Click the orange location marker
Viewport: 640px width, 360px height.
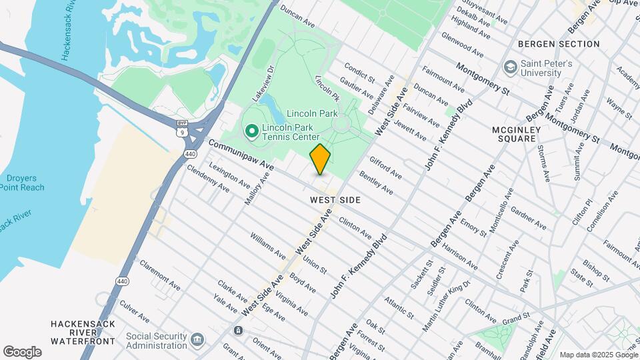(x=320, y=159)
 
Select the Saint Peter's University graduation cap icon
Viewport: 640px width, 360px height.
(x=511, y=67)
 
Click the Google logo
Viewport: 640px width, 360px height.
(x=22, y=352)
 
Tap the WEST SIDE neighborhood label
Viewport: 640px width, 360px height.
(x=335, y=200)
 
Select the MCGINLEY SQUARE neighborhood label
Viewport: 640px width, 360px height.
(x=524, y=133)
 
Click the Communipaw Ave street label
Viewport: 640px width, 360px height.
(x=241, y=154)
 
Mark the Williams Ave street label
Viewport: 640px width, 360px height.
(x=268, y=247)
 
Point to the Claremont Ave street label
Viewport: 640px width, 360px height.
(x=160, y=275)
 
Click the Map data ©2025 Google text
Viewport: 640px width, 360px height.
(x=598, y=355)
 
